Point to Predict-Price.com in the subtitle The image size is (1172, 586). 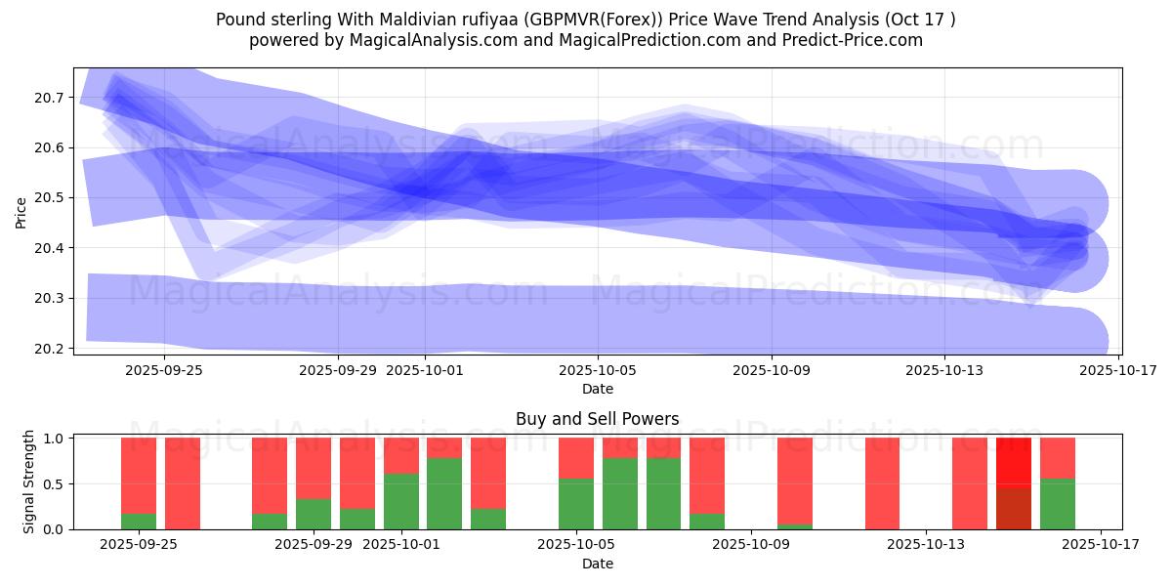pos(849,40)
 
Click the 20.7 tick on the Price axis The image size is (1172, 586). pos(50,98)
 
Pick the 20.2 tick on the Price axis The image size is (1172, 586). pos(50,349)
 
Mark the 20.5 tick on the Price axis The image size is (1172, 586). pos(50,198)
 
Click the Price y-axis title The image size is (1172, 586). pos(21,212)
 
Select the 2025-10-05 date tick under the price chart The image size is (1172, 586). pos(598,370)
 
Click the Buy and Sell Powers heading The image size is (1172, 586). pos(597,420)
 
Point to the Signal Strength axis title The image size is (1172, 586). pos(29,481)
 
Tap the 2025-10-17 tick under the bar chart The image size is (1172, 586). pos(1101,545)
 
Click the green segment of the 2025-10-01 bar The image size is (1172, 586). pos(401,502)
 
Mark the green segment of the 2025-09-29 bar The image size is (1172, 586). pos(314,515)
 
